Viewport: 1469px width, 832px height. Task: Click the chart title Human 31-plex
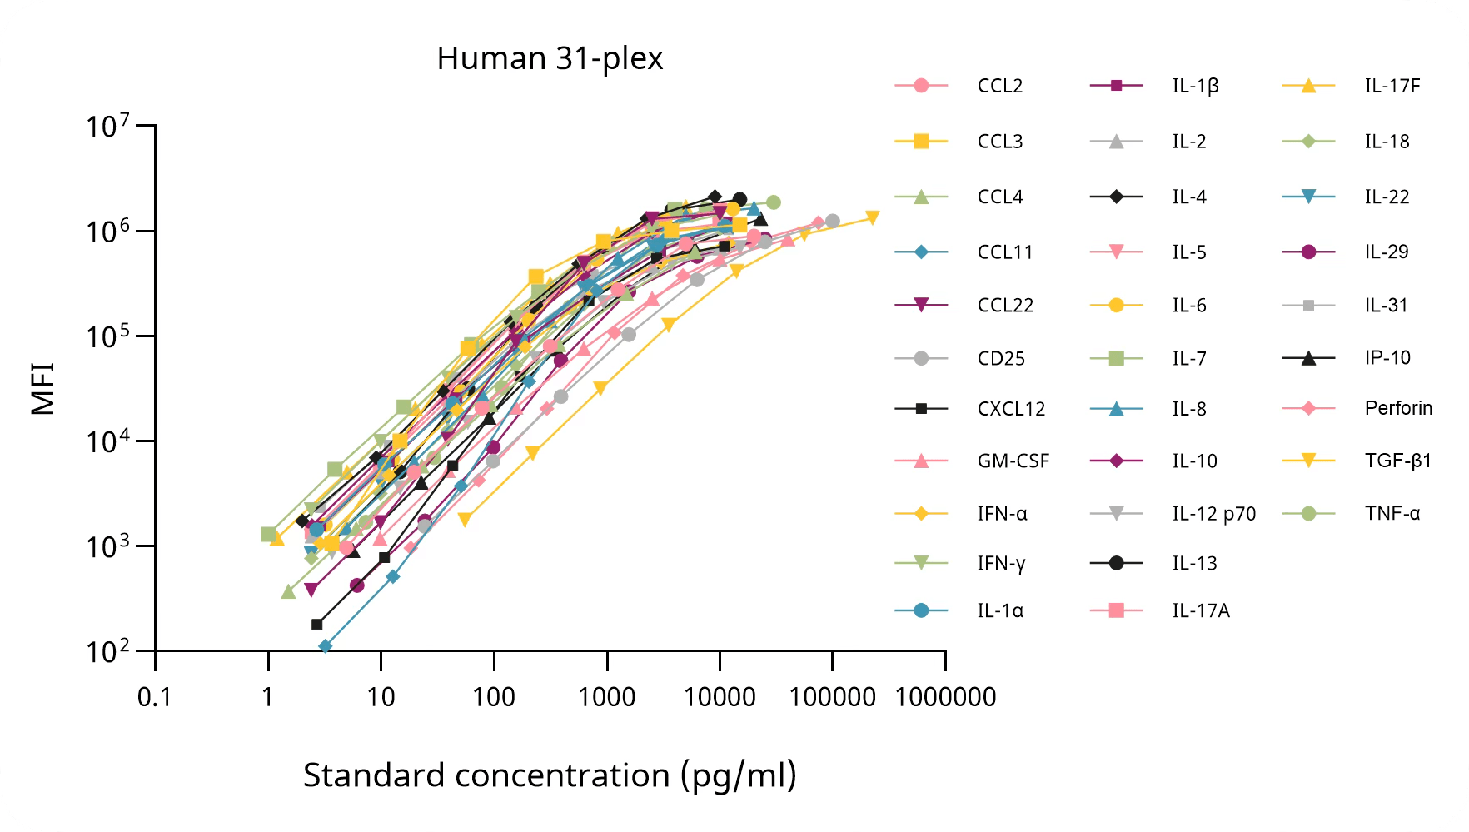tap(550, 59)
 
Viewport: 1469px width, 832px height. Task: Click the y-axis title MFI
tap(42, 388)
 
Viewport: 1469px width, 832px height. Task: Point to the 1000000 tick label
tap(945, 697)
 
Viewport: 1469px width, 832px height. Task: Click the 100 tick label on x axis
tap(494, 697)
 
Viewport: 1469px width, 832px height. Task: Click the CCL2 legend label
tap(1000, 86)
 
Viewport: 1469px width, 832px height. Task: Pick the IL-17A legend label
tap(1201, 610)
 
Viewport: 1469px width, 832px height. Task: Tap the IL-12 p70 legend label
tap(1214, 514)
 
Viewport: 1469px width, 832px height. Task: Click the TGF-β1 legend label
tap(1397, 461)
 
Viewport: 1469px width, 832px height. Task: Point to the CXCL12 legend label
tap(1011, 409)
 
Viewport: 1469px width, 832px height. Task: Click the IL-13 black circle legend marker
tap(1117, 563)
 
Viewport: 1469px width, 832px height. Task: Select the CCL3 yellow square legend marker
tap(921, 142)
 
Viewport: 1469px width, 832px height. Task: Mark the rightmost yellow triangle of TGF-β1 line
tap(873, 218)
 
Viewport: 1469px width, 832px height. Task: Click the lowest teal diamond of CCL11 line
tap(325, 646)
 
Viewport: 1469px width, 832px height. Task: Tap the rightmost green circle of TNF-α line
tap(773, 202)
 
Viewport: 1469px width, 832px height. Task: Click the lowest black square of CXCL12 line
tap(316, 625)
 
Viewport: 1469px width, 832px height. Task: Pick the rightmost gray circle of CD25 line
tap(832, 222)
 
